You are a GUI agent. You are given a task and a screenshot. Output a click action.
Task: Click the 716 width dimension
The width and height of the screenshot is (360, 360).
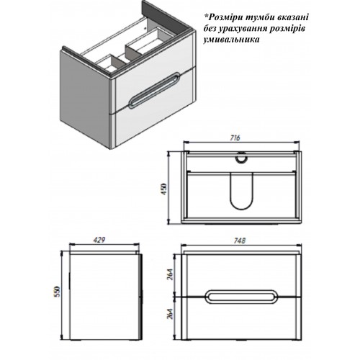[235, 138]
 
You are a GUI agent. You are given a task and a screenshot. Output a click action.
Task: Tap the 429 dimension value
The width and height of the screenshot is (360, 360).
[99, 240]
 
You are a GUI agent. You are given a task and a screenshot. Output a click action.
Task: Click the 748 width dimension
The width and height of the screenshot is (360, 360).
[240, 240]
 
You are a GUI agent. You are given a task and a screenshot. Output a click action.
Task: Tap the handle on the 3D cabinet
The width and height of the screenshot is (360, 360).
[148, 91]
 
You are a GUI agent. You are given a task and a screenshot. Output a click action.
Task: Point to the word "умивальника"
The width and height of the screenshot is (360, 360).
[231, 40]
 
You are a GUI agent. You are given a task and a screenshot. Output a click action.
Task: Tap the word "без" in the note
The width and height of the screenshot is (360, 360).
[210, 29]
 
